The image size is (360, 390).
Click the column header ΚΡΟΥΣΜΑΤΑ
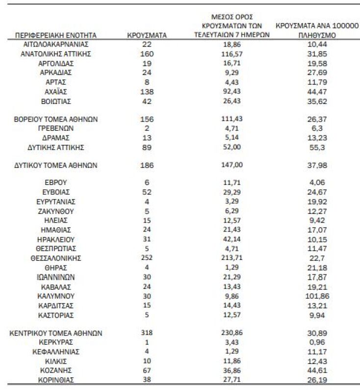click(147, 35)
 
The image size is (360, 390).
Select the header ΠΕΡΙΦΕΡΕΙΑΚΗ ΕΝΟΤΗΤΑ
click(55, 35)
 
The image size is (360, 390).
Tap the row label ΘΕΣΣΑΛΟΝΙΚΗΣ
click(55, 258)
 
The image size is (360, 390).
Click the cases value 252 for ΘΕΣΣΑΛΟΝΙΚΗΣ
click(147, 258)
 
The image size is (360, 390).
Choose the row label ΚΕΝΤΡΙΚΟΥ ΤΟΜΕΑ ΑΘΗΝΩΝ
click(55, 333)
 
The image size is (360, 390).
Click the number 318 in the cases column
click(147, 333)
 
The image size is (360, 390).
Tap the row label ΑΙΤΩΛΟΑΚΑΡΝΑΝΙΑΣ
click(55, 45)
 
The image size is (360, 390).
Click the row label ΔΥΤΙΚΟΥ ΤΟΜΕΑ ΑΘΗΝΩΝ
click(55, 166)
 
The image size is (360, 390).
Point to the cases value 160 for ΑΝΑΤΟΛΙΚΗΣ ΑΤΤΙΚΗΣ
click(147, 54)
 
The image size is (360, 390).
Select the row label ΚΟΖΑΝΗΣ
click(55, 370)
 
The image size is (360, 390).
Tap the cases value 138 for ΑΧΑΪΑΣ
click(147, 92)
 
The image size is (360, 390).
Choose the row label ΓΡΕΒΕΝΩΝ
click(55, 129)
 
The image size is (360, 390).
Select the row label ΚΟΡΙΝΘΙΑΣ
click(55, 380)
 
